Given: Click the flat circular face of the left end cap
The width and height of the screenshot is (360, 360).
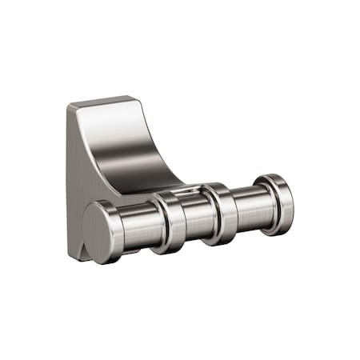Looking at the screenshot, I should click(x=101, y=231).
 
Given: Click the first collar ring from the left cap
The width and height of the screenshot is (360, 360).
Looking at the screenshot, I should click(x=170, y=222).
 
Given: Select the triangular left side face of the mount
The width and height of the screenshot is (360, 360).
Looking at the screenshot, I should click(x=80, y=176).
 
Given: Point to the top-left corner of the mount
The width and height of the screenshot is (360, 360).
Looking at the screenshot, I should click(x=69, y=106).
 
